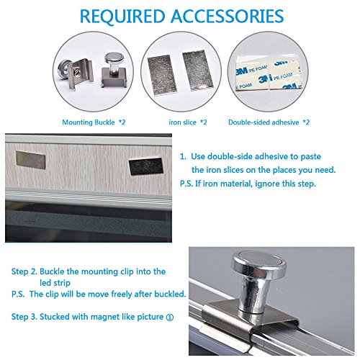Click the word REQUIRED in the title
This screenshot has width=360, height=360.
(x=122, y=17)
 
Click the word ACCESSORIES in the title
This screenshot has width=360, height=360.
(x=228, y=17)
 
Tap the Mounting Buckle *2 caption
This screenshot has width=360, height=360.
(x=94, y=122)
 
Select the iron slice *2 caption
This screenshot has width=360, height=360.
(x=188, y=122)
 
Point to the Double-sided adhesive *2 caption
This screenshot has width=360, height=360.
(x=269, y=122)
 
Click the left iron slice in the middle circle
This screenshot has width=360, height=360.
(x=162, y=75)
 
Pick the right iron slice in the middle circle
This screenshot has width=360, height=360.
(x=198, y=71)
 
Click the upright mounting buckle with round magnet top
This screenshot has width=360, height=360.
(x=114, y=70)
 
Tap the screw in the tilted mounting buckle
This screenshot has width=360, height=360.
(x=76, y=72)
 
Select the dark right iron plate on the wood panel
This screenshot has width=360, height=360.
(x=146, y=166)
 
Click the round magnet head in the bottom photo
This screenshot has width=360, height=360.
(x=259, y=262)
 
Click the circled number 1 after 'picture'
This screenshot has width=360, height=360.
(x=169, y=318)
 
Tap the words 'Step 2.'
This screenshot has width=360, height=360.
(x=24, y=271)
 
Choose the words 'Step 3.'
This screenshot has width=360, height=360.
(x=24, y=317)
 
